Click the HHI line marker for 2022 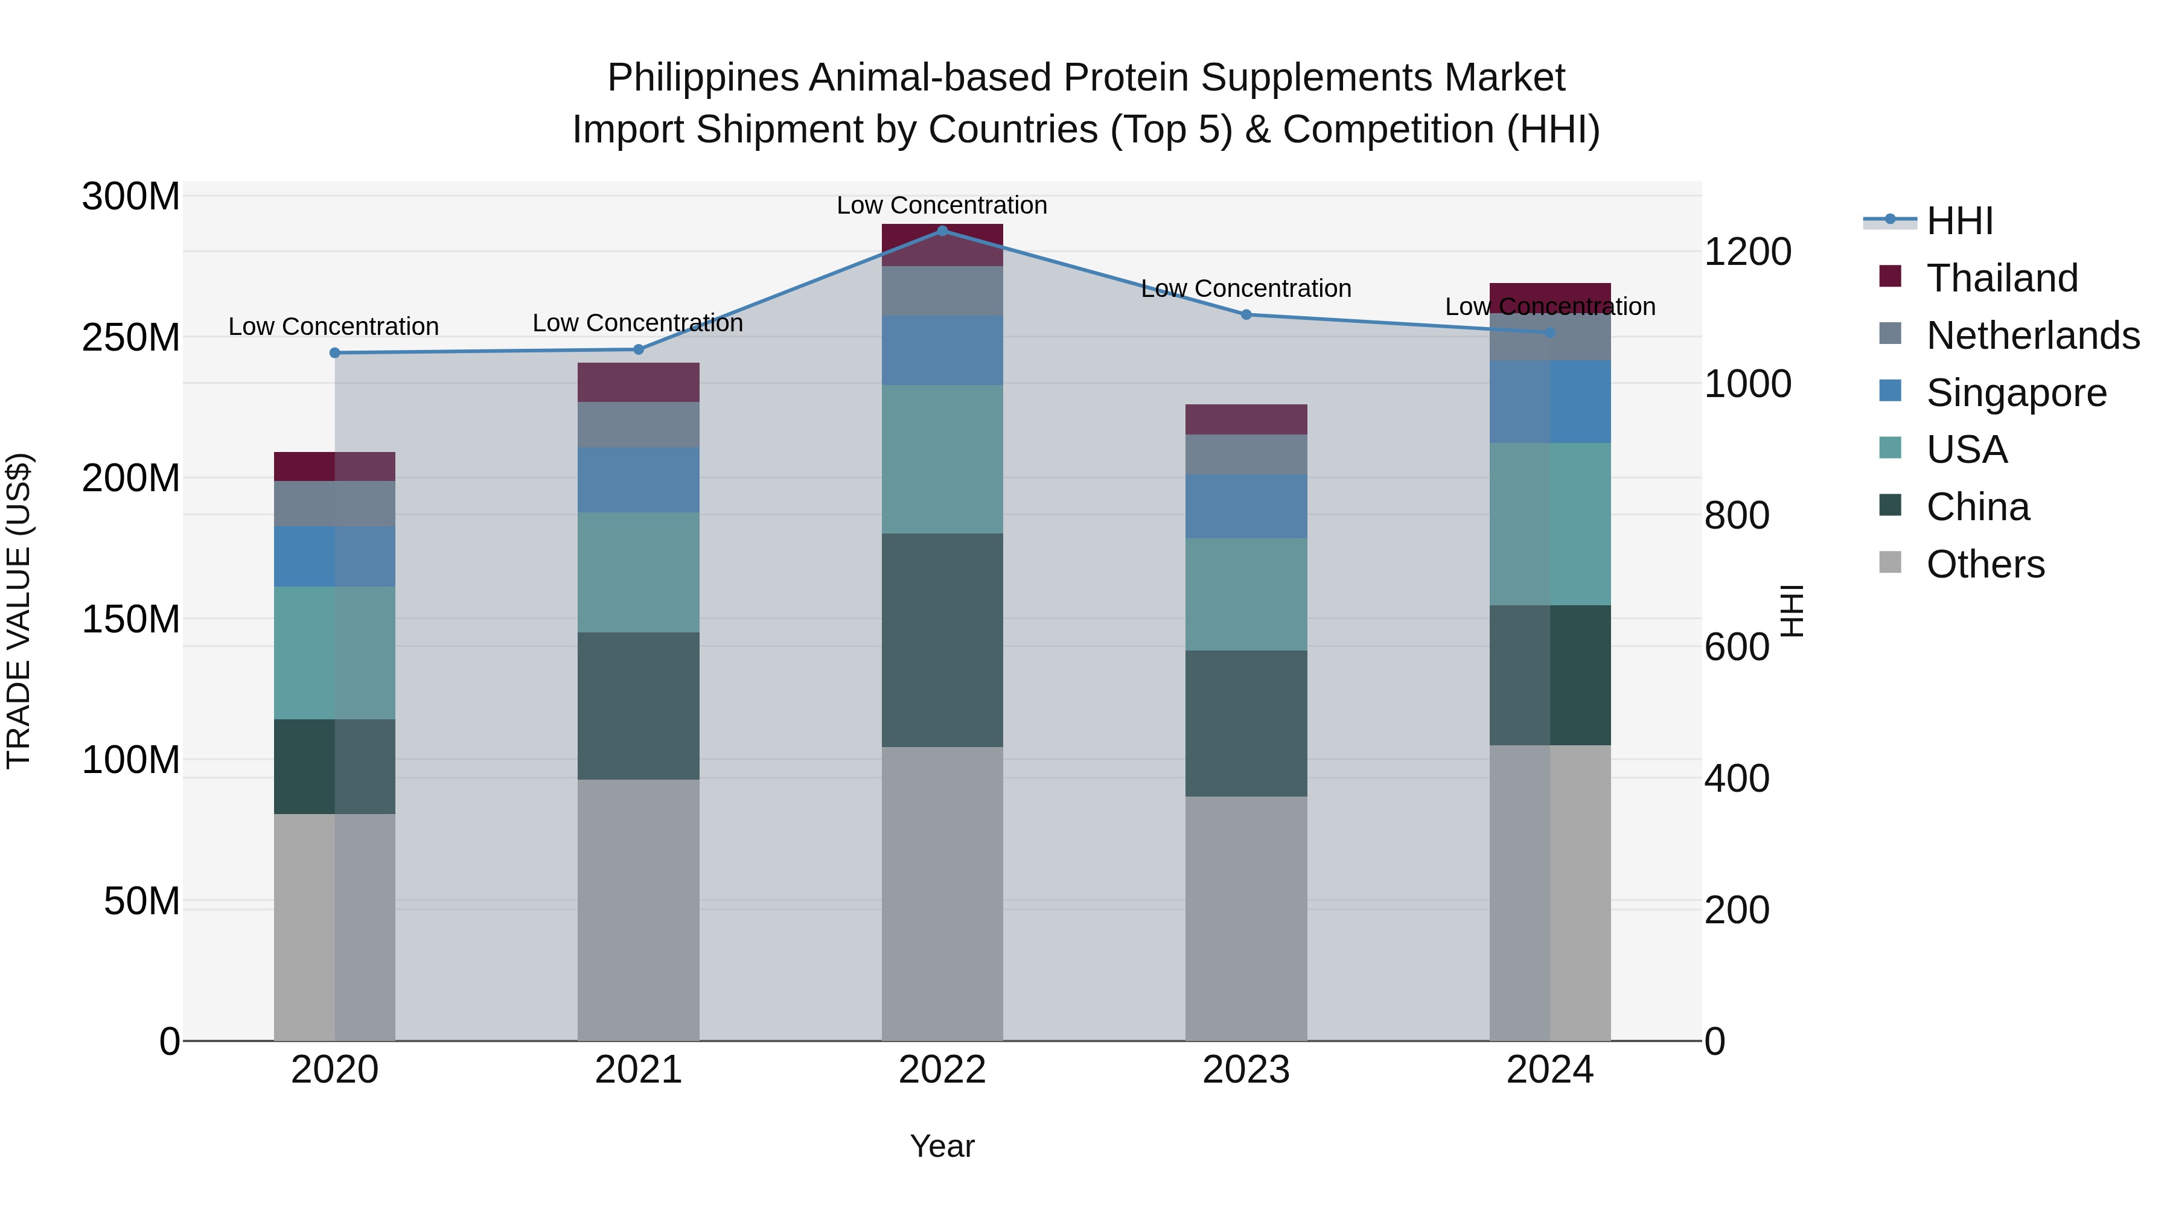point(942,231)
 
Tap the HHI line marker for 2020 point(335,352)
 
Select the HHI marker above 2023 point(1246,314)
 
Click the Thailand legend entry point(2002,278)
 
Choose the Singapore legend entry point(2016,393)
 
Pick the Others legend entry point(1985,564)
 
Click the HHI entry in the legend point(1959,221)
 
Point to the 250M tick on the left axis point(131,337)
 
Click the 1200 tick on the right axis point(1747,251)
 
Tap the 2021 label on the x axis point(639,1070)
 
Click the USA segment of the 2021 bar point(639,572)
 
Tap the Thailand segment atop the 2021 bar point(639,382)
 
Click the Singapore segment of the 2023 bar point(1246,506)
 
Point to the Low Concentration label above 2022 point(942,205)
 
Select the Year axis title point(942,1146)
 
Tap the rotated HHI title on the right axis point(1792,611)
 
